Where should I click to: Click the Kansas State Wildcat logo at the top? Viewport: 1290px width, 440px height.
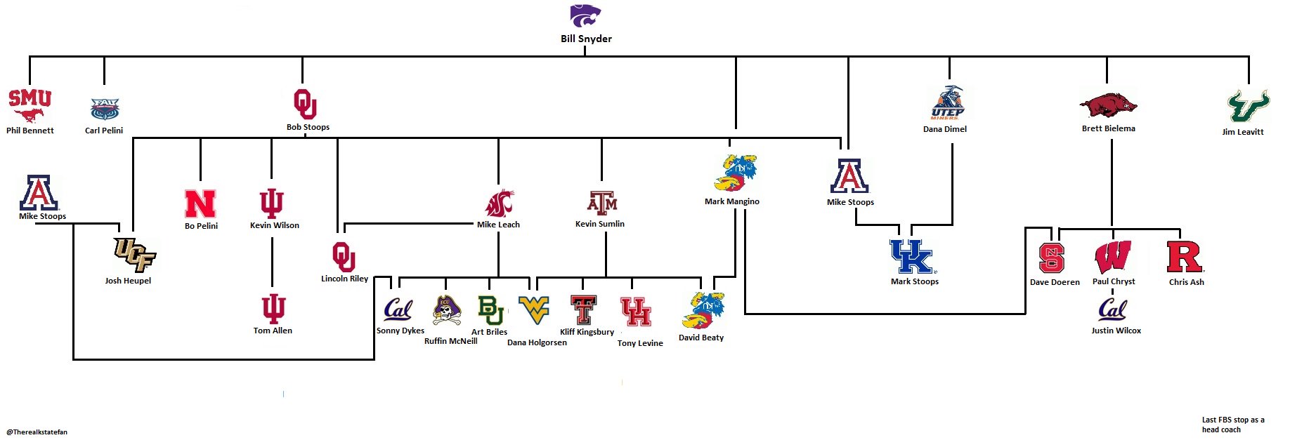pyautogui.click(x=585, y=15)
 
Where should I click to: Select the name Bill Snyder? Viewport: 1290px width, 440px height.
pyautogui.click(x=586, y=39)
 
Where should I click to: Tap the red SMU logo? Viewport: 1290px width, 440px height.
pyautogui.click(x=30, y=105)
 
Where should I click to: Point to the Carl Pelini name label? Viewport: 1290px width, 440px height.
pyautogui.click(x=104, y=131)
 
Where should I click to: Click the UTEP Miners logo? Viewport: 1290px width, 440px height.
pyautogui.click(x=948, y=104)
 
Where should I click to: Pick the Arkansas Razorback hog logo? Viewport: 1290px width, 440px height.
pyautogui.click(x=1108, y=106)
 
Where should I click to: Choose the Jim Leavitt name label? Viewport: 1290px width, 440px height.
pyautogui.click(x=1242, y=132)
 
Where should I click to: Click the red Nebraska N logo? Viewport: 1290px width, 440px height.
pyautogui.click(x=200, y=204)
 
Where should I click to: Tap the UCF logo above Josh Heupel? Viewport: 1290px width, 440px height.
pyautogui.click(x=133, y=254)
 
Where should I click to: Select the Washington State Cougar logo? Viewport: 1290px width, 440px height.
pyautogui.click(x=499, y=204)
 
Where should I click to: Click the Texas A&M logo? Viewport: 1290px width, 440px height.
pyautogui.click(x=602, y=203)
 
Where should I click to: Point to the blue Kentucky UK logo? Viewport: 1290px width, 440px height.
pyautogui.click(x=912, y=257)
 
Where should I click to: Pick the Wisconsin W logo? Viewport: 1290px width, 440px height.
pyautogui.click(x=1113, y=256)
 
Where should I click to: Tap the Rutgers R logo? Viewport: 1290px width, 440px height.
pyautogui.click(x=1185, y=257)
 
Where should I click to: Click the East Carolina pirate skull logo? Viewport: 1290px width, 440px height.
pyautogui.click(x=446, y=311)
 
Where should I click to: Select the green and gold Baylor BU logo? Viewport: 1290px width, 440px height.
pyautogui.click(x=490, y=309)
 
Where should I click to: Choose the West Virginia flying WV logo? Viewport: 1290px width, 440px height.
pyautogui.click(x=534, y=309)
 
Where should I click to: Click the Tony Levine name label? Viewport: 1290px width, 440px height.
pyautogui.click(x=640, y=343)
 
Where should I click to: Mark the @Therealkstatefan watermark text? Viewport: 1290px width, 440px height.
pyautogui.click(x=37, y=432)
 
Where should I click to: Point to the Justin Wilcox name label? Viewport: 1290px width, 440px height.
pyautogui.click(x=1116, y=331)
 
